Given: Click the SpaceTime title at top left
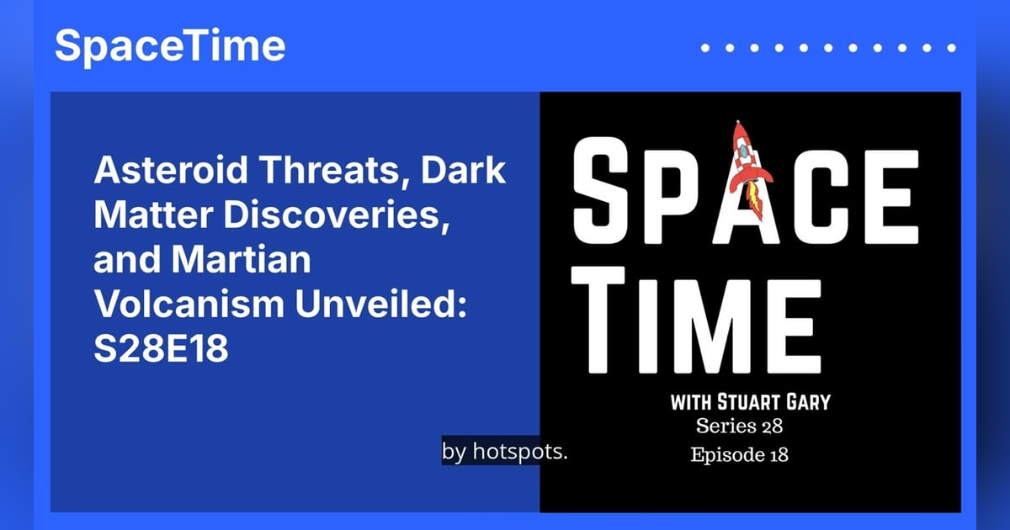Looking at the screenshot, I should (170, 46).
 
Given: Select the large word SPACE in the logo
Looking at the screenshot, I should (744, 195).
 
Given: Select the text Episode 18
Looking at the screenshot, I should (740, 455).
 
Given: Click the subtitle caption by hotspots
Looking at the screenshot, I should (505, 452).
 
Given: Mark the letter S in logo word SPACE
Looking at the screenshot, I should (605, 195).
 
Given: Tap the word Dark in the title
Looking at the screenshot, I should (463, 172).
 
